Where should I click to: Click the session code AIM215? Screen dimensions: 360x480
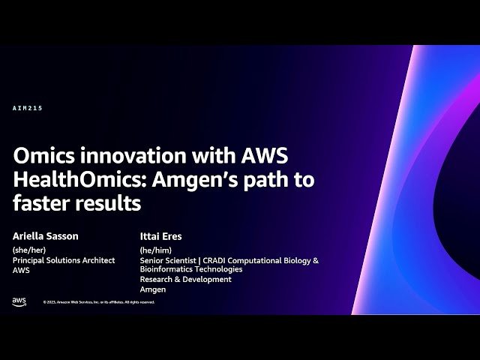tap(28, 109)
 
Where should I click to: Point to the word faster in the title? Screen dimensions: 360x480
tap(40, 202)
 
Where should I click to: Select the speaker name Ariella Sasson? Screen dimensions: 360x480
tap(46, 236)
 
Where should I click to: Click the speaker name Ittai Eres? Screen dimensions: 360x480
tap(161, 236)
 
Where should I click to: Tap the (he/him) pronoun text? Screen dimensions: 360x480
tap(155, 250)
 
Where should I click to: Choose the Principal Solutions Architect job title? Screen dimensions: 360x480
tap(64, 260)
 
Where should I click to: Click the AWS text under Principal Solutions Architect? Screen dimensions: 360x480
tap(21, 270)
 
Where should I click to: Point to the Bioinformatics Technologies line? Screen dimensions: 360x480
tap(191, 269)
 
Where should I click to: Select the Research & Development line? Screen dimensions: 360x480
tap(186, 279)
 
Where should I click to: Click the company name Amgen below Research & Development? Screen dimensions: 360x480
tap(153, 289)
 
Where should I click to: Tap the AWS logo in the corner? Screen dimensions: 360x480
tap(19, 301)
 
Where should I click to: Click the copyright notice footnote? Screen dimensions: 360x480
tap(98, 302)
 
